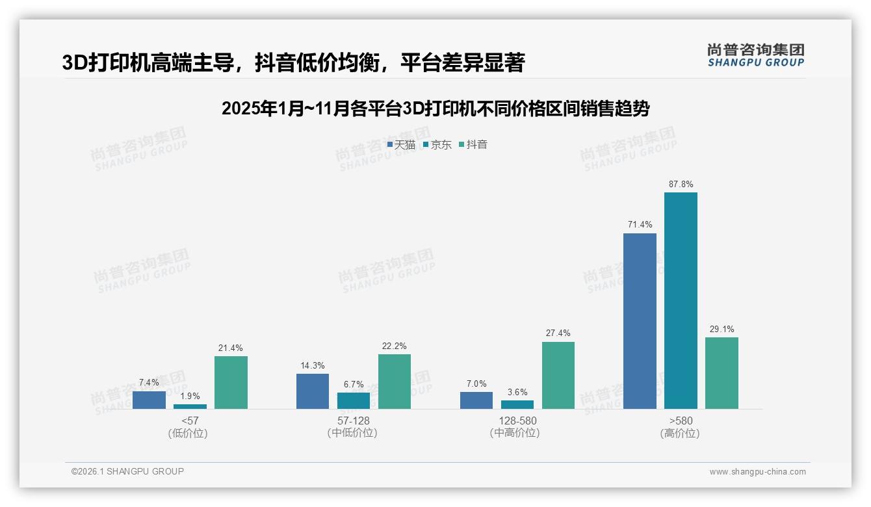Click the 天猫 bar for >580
[640, 321]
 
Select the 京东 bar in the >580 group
[681, 300]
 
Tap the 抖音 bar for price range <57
[231, 382]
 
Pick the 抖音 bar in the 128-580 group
[558, 375]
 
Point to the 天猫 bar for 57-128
[313, 391]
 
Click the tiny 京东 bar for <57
[190, 406]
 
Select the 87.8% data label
[681, 185]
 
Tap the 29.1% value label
[721, 330]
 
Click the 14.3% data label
[313, 366]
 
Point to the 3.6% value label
[517, 393]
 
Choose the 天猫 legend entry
[401, 145]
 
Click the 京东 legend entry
[437, 145]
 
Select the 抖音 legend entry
[473, 145]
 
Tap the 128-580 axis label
[517, 421]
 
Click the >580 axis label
[681, 421]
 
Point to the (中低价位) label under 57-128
[353, 433]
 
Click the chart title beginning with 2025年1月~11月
[435, 109]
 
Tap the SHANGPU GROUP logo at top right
[756, 55]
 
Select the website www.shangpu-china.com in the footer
[757, 472]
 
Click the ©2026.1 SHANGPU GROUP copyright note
[127, 471]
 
